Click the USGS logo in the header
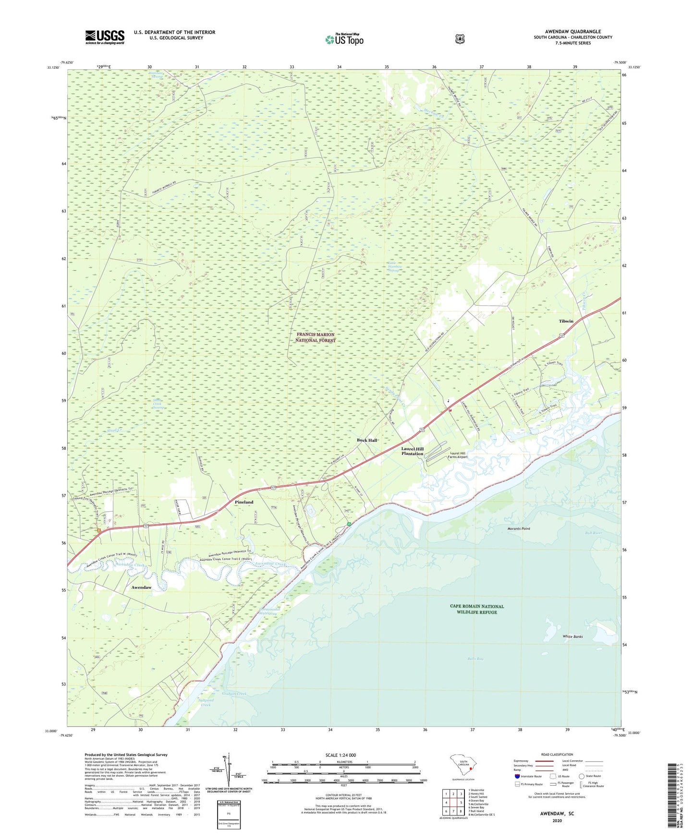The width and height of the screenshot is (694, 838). (x=105, y=37)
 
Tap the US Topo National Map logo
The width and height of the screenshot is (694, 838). (x=344, y=39)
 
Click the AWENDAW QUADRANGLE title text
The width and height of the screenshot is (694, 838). (x=572, y=32)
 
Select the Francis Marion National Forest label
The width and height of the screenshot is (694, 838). (x=316, y=337)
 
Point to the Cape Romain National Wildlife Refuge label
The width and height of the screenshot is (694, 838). (x=476, y=609)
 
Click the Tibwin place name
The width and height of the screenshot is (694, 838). (x=566, y=321)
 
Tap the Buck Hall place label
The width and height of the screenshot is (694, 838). (x=366, y=440)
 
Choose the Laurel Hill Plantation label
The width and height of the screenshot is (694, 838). (x=412, y=451)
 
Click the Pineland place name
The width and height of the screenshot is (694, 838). (x=244, y=502)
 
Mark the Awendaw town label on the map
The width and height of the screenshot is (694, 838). (x=141, y=587)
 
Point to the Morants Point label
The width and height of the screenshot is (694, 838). (x=519, y=528)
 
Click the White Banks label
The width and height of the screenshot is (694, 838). (x=572, y=636)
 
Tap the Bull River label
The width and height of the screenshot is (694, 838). (x=594, y=533)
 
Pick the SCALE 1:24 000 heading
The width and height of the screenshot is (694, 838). (x=341, y=755)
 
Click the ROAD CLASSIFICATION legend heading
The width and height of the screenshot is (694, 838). (x=557, y=754)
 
